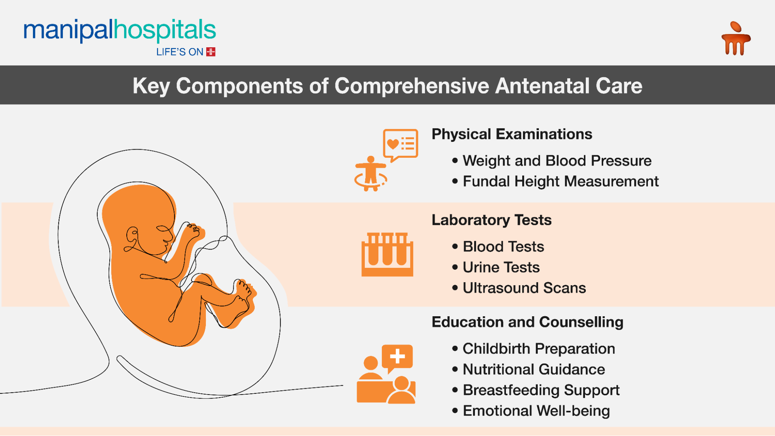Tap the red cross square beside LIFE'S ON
click(x=211, y=52)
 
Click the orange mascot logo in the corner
click(x=735, y=39)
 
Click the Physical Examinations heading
click(x=512, y=134)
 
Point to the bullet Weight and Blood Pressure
click(x=557, y=160)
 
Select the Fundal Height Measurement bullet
click(x=561, y=181)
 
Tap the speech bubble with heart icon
click(x=400, y=144)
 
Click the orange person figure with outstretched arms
click(x=371, y=173)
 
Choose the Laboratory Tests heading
click(x=492, y=220)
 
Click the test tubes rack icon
click(x=387, y=254)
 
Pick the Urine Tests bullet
click(x=501, y=267)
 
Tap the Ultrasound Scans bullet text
click(x=524, y=288)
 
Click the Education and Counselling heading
click(x=527, y=322)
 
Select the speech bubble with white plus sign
click(x=397, y=357)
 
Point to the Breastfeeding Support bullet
click(x=541, y=390)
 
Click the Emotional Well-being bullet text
click(x=536, y=411)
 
